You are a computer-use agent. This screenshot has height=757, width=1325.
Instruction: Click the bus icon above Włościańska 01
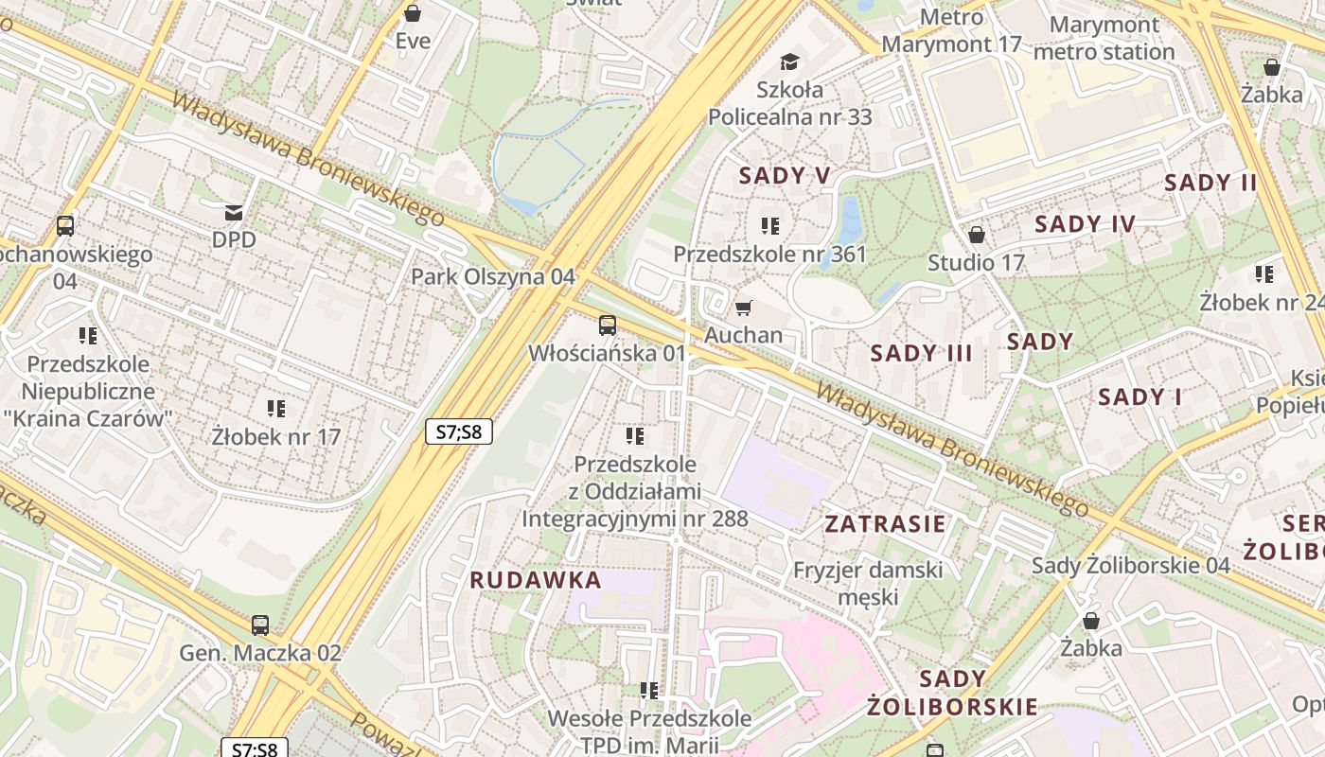[x=607, y=326]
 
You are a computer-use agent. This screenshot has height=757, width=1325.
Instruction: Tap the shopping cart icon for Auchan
[x=743, y=308]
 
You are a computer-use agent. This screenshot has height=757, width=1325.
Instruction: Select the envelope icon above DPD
[x=233, y=212]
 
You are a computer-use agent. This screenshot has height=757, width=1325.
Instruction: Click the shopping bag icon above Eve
[x=413, y=13]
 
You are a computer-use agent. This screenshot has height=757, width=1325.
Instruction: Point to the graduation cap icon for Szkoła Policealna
[x=789, y=62]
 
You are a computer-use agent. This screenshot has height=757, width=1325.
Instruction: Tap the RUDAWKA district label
[x=536, y=580]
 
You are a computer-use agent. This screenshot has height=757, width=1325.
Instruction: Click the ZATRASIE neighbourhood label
[x=885, y=524]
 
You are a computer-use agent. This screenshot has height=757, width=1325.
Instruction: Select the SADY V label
[x=785, y=175]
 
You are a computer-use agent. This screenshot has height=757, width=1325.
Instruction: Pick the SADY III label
[x=921, y=354]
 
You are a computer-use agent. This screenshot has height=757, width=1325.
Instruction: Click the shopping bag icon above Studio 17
[x=976, y=235]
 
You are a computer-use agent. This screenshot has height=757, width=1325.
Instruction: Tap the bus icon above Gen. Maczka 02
[x=259, y=625]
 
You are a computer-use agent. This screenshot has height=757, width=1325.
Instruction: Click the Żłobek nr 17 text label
[x=275, y=437]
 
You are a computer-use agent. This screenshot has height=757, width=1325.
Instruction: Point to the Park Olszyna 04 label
[x=492, y=276]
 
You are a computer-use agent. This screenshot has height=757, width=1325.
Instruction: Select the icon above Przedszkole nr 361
[x=769, y=226]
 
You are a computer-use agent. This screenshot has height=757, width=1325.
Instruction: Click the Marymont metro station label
[x=1104, y=38]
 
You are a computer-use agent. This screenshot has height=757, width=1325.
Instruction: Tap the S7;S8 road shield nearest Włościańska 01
[x=459, y=432]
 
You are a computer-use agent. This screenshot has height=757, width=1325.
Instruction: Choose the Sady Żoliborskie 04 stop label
[x=1130, y=565]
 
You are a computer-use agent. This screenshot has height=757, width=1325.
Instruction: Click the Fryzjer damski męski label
[x=868, y=583]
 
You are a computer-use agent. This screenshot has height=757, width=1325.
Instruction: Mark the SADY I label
[x=1139, y=397]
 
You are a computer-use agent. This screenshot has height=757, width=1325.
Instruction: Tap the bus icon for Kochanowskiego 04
[x=64, y=226]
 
